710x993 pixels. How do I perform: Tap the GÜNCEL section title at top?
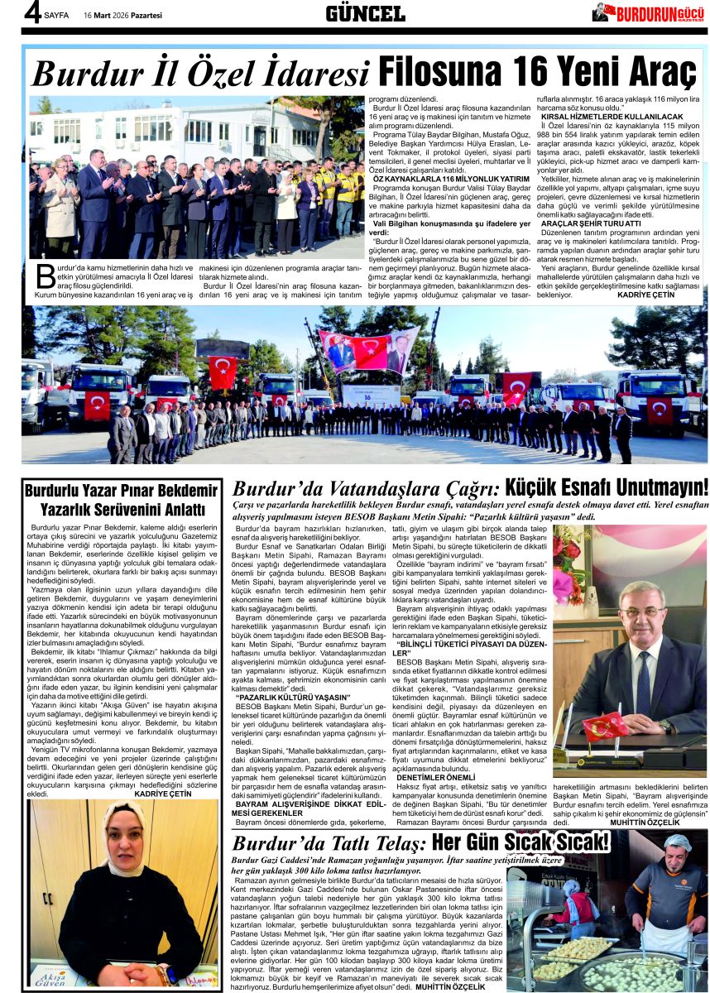[365, 13]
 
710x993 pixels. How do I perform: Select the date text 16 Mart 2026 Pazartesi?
[122, 15]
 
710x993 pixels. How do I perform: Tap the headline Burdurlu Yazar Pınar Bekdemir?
[121, 490]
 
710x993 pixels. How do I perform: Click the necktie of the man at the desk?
[643, 686]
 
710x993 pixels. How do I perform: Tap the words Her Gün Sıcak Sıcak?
[521, 843]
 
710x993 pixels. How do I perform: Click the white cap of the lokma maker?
[678, 842]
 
